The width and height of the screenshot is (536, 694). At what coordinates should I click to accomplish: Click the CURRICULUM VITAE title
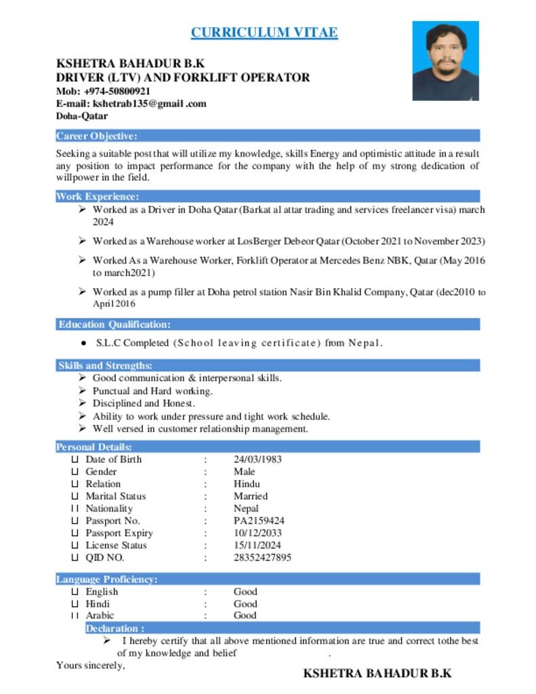click(x=264, y=32)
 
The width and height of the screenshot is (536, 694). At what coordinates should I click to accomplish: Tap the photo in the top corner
click(x=445, y=60)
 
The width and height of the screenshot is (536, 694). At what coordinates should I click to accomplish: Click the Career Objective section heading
click(x=97, y=136)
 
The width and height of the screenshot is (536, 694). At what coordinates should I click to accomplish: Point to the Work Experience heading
click(x=98, y=197)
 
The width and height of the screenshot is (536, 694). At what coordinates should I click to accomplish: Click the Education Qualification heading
click(x=114, y=325)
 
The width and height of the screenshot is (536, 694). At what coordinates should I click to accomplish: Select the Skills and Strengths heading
click(x=105, y=366)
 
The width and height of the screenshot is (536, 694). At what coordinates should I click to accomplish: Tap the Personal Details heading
click(x=94, y=447)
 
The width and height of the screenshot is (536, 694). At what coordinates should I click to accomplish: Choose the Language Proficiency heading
click(x=107, y=579)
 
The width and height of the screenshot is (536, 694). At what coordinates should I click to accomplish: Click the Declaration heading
click(x=115, y=628)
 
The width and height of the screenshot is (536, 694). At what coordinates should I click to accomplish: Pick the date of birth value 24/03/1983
click(x=257, y=460)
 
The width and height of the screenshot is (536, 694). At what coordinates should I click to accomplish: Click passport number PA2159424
click(x=259, y=521)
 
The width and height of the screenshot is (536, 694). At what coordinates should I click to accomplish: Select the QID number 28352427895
click(x=262, y=558)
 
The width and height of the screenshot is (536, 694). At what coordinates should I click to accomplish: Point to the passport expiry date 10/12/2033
click(x=257, y=533)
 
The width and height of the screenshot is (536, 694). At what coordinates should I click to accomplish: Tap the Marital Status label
click(x=115, y=496)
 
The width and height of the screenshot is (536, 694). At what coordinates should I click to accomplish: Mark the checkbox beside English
click(x=75, y=592)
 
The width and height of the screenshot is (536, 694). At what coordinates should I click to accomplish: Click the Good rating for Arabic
click(x=245, y=615)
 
